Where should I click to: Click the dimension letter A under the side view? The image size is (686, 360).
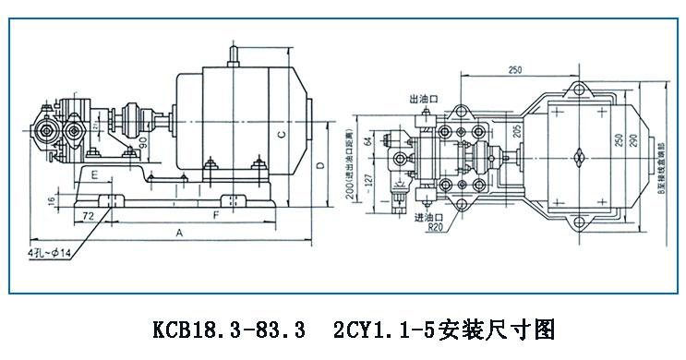(x=177, y=234)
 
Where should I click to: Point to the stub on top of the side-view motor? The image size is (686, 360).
(x=233, y=56)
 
